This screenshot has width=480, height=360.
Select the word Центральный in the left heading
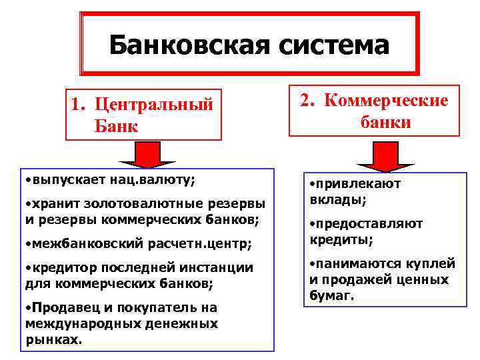point(154,105)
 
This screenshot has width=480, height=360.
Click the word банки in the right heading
point(386,123)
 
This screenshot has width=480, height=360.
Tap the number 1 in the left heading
point(77,105)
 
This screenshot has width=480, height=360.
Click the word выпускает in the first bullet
point(63,181)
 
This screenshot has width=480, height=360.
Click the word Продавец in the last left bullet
point(59,308)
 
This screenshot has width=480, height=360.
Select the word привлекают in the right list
point(359,184)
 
